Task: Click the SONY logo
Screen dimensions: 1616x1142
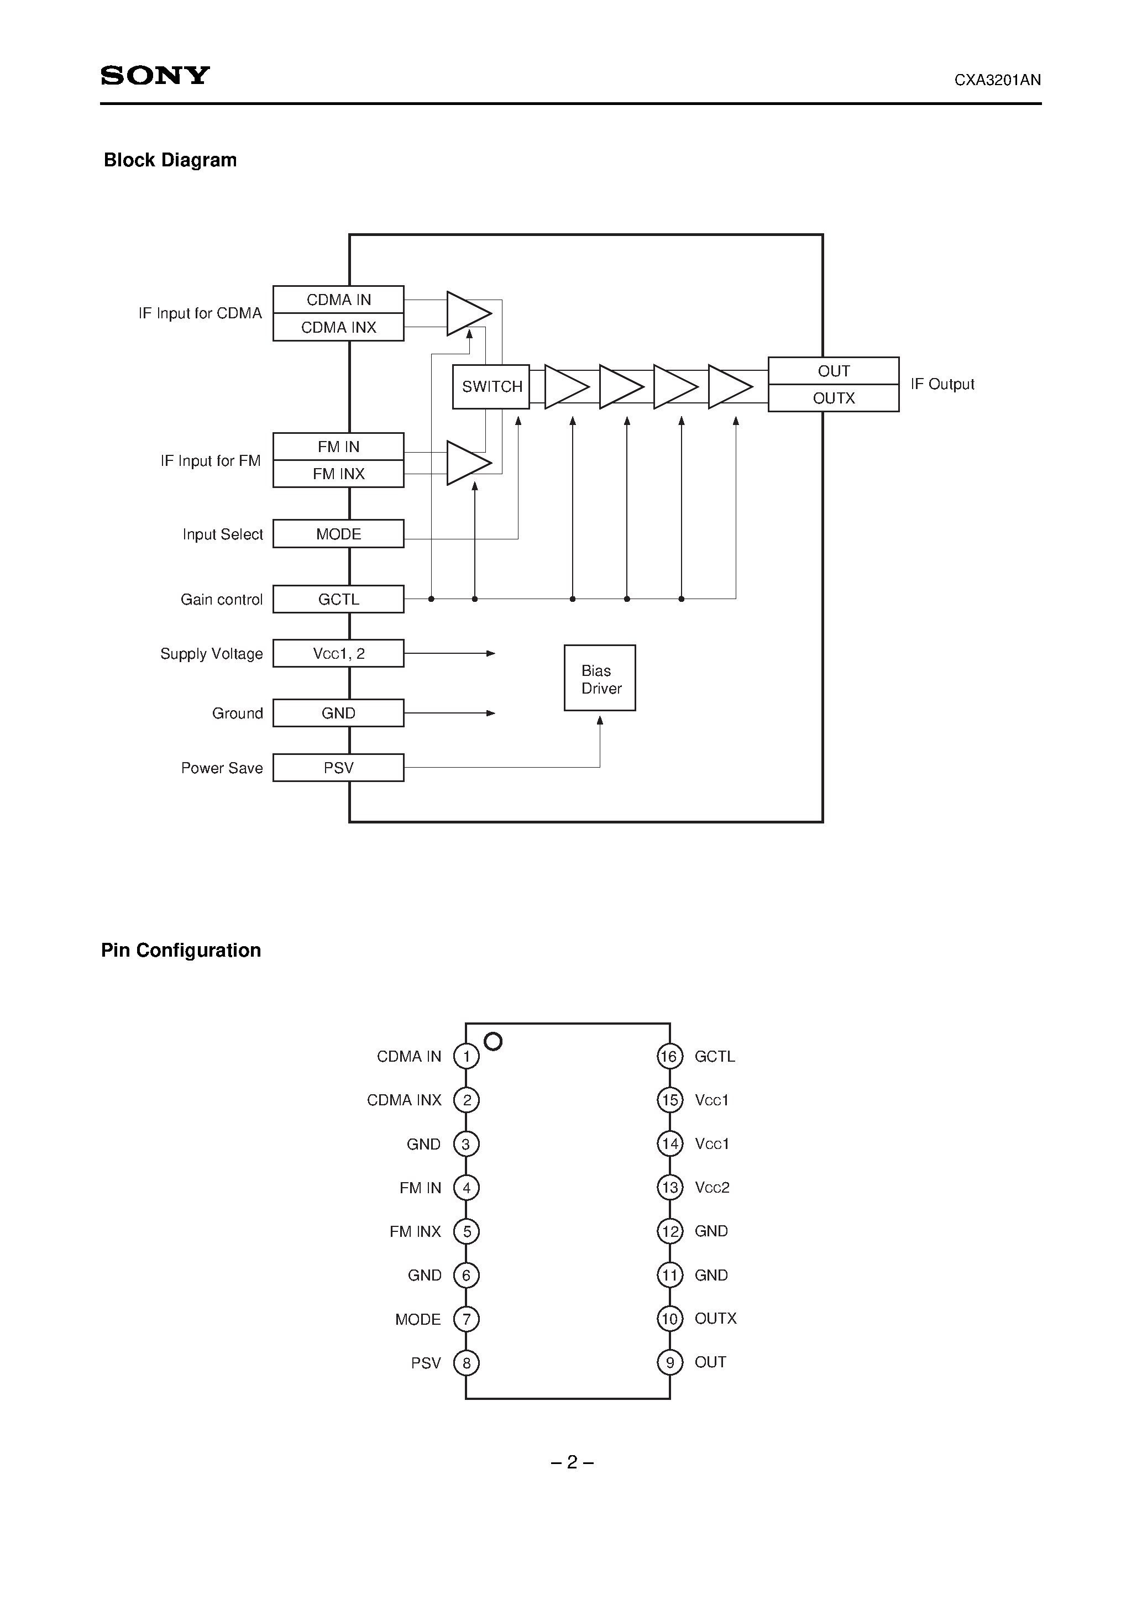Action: click(x=155, y=75)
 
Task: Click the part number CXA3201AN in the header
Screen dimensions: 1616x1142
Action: click(x=997, y=80)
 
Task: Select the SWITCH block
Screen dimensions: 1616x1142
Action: click(x=491, y=386)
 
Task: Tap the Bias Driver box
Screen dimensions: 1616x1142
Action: click(x=600, y=679)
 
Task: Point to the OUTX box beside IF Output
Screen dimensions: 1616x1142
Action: click(x=833, y=398)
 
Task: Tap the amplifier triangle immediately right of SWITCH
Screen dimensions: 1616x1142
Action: click(x=565, y=386)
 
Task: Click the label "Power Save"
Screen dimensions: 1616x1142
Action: click(x=222, y=768)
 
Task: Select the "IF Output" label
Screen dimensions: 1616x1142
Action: click(x=942, y=384)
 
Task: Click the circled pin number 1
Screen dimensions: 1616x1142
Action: click(x=466, y=1057)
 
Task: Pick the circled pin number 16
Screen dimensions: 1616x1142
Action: click(x=669, y=1057)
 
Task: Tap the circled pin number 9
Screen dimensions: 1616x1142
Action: click(x=669, y=1363)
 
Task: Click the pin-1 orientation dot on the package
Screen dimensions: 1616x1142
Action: click(x=494, y=1041)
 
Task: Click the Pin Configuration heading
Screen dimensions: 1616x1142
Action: click(x=181, y=951)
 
